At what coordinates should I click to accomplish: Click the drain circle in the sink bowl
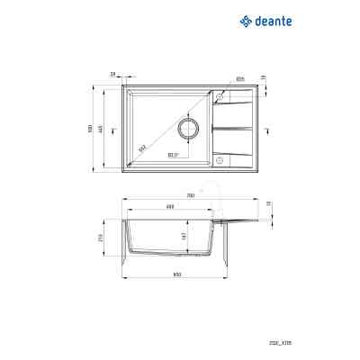coord(190,129)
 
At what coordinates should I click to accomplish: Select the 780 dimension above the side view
coord(190,195)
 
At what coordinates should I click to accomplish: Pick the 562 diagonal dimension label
coord(142,148)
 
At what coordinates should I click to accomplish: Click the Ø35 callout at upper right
coord(241,76)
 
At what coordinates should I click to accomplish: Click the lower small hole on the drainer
coord(219,162)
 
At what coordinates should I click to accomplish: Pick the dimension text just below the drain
coord(175,155)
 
